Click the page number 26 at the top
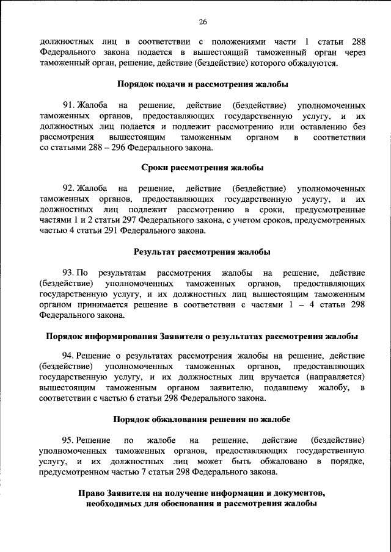pos(202,22)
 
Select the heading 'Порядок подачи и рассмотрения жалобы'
pos(202,85)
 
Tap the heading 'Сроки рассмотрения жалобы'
pos(202,168)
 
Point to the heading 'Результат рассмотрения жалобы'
pos(202,251)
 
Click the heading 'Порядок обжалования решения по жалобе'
pos(202,419)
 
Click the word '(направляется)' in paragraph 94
pos(335,377)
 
